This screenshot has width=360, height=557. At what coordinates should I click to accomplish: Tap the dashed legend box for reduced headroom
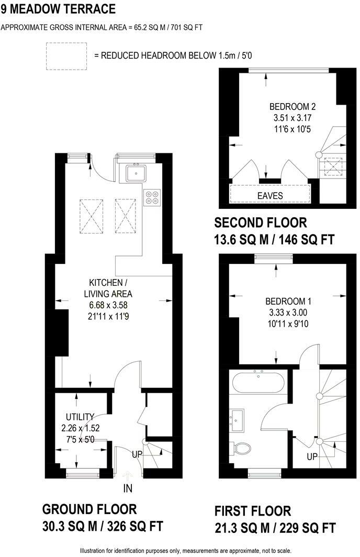(66, 55)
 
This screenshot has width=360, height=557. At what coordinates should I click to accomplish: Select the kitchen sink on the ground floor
(137, 172)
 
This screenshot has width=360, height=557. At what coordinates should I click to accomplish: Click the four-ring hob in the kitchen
(152, 196)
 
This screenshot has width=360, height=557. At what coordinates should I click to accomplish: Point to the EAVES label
(269, 196)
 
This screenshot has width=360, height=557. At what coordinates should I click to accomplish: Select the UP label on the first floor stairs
(312, 456)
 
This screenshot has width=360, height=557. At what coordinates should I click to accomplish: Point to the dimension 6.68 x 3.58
(108, 305)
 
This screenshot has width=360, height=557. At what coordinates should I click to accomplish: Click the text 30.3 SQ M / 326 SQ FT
(102, 526)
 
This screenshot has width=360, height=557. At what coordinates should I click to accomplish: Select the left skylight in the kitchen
(89, 212)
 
